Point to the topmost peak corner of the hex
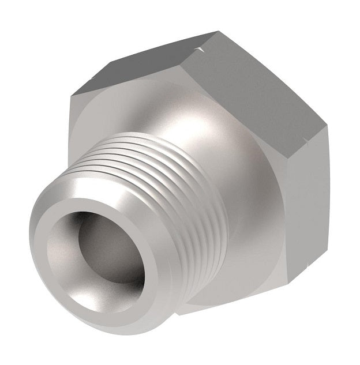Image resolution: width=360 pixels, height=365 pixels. coord(216,32)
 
